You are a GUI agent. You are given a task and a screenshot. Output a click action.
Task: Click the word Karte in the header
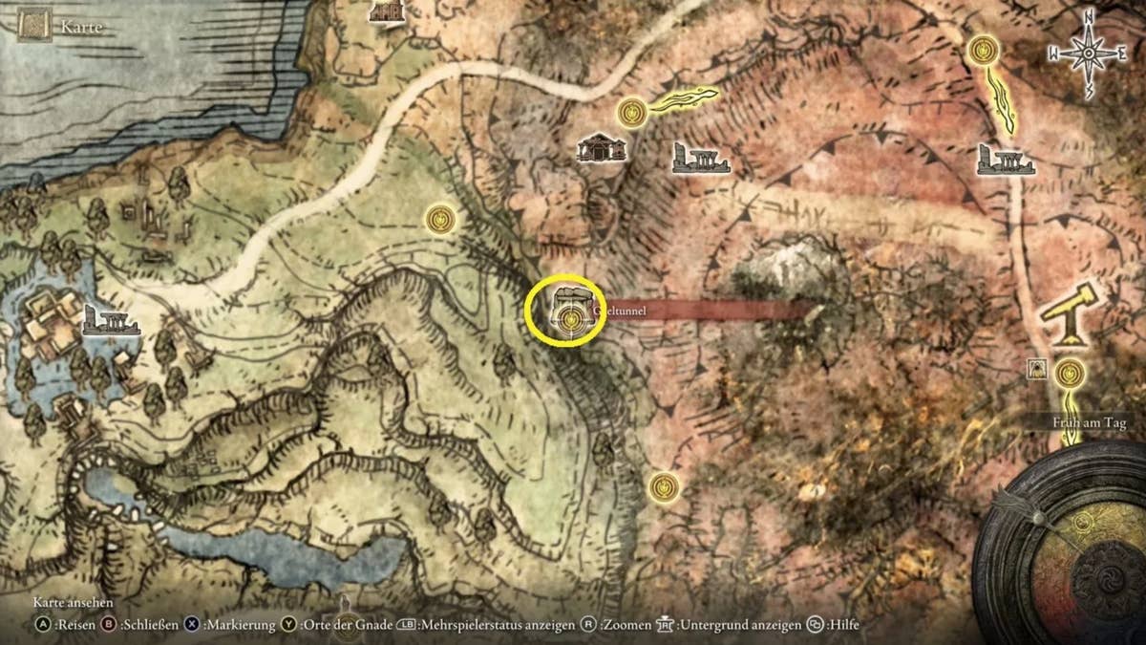pyautogui.click(x=81, y=28)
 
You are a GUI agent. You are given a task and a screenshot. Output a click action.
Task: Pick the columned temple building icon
pyautogui.click(x=602, y=147)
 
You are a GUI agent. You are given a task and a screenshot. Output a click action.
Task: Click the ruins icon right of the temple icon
pyautogui.click(x=700, y=159)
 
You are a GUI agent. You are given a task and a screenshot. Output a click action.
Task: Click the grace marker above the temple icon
pyautogui.click(x=629, y=113)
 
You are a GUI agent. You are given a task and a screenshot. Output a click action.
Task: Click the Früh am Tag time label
pyautogui.click(x=1086, y=421)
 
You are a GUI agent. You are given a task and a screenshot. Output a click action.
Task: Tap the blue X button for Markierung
pyautogui.click(x=192, y=625)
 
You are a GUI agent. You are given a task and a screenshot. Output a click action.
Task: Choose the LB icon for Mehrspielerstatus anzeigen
pyautogui.click(x=405, y=625)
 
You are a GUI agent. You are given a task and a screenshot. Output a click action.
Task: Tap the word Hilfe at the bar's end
pyautogui.click(x=843, y=625)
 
